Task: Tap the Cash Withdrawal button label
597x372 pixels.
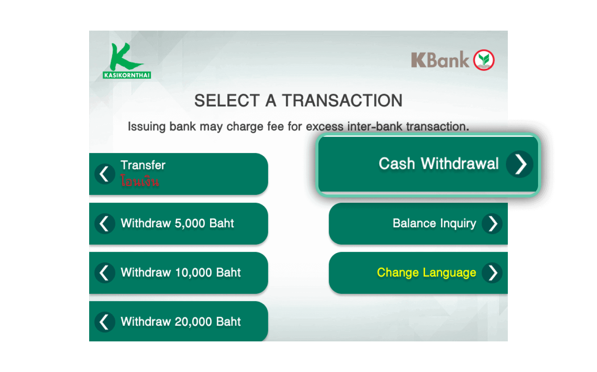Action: coord(439,163)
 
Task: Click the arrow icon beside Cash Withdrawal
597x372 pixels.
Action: coord(519,164)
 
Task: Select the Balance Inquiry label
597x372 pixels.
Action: coord(434,223)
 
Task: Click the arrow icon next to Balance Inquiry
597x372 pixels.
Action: coord(492,224)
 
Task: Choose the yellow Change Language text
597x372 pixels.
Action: coord(426,272)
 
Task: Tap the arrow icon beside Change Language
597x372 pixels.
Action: coord(492,273)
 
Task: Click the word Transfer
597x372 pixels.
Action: coord(143,165)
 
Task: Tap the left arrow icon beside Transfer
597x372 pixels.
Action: coord(105,174)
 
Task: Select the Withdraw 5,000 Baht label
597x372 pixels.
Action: coord(177,223)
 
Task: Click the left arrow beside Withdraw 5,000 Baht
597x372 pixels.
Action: coord(105,224)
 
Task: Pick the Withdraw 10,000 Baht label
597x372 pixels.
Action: coord(181,272)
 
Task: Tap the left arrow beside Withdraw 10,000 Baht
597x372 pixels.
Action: coord(105,273)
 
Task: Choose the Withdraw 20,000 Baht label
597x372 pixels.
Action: coord(181,321)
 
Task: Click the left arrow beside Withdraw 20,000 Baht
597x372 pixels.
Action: coord(105,322)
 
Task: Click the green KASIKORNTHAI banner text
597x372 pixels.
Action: coord(127,75)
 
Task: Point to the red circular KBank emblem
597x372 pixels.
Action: coord(484,60)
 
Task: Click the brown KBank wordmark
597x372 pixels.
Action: coord(440,60)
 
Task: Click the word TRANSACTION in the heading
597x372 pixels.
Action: coord(342,100)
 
